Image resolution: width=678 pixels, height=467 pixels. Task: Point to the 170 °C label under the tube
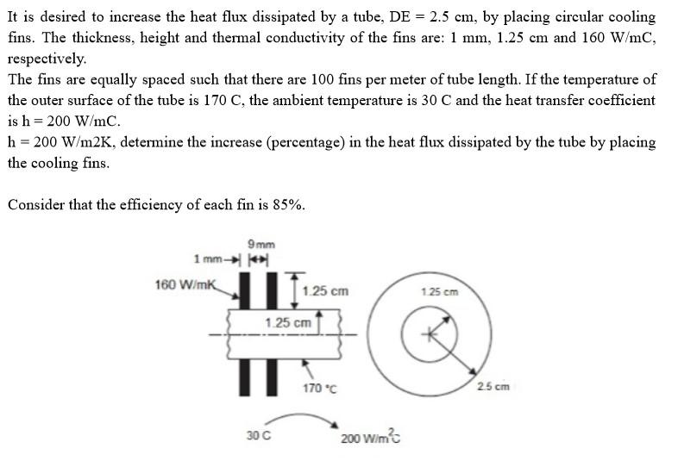pos(319,389)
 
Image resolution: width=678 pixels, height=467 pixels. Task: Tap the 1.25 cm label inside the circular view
pos(440,291)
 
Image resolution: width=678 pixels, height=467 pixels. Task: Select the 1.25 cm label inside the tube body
pos(288,322)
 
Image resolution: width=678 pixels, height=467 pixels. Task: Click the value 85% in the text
pos(286,204)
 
